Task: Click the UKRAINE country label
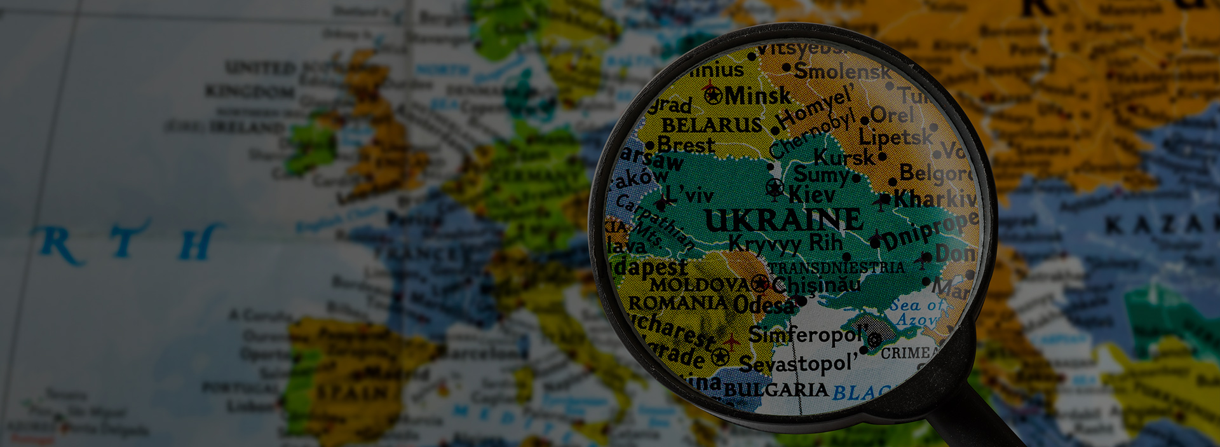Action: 783,221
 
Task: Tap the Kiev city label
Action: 812,195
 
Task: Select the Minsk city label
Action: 757,96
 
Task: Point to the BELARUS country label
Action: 712,125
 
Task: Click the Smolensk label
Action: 843,71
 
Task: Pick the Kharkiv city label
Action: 935,199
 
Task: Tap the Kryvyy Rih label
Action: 785,243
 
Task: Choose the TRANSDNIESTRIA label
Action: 836,268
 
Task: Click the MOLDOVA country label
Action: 700,285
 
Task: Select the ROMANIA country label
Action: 677,303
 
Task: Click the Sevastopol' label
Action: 798,364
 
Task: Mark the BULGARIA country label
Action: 776,389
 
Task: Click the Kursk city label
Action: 844,156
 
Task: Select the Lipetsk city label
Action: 895,137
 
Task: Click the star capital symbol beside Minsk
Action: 713,96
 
